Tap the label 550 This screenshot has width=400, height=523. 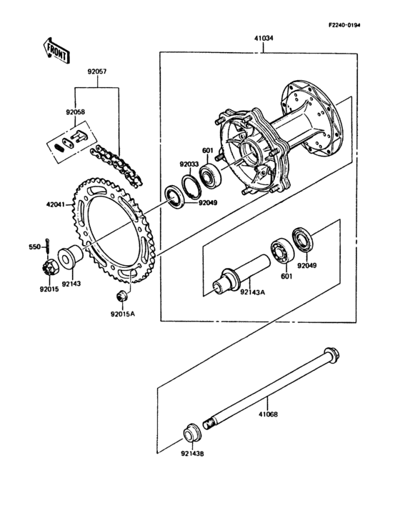[x=34, y=247]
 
